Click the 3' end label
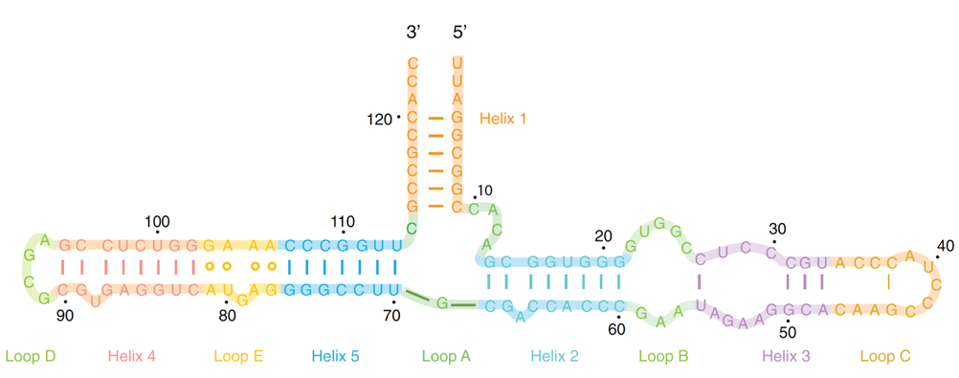413,33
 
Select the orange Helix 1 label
502,120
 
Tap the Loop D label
30,357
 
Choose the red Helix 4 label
131,357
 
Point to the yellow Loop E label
238,357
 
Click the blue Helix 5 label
335,357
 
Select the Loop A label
446,357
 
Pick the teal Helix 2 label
555,357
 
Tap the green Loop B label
663,357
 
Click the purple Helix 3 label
786,357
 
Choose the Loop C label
885,357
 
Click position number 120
379,120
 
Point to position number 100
157,222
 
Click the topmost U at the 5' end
458,64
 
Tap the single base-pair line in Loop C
889,281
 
